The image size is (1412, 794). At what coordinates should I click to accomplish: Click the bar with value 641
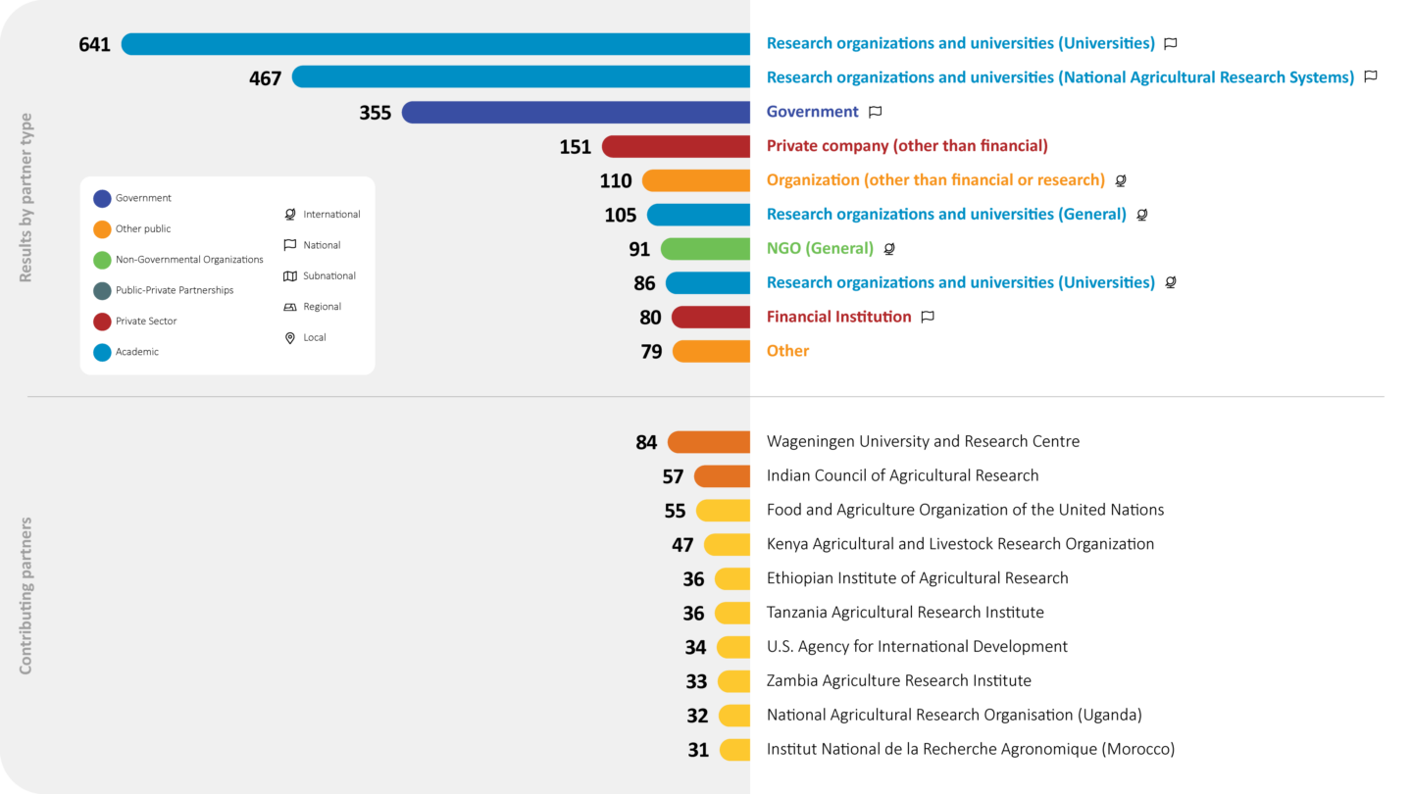435,44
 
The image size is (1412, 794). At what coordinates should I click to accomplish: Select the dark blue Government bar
577,113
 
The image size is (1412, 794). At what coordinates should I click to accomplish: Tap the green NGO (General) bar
706,249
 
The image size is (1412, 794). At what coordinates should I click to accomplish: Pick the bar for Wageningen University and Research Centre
709,442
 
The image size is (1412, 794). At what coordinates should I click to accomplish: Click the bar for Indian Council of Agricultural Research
723,476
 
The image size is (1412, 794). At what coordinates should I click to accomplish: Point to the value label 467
266,78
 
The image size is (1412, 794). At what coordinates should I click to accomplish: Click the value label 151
576,147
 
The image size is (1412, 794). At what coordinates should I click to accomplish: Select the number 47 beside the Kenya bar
682,545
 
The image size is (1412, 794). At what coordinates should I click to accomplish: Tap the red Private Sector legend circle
102,322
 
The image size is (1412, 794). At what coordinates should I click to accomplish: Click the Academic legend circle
102,352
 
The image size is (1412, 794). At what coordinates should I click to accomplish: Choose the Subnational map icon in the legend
290,276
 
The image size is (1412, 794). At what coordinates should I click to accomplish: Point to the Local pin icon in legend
290,338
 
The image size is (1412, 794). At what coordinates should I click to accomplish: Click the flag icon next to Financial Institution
928,317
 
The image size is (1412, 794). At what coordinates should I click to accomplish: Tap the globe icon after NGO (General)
889,249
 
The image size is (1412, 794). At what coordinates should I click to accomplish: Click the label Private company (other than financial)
907,146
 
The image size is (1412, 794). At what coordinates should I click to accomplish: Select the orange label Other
787,351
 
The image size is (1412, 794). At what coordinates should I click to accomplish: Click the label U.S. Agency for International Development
917,647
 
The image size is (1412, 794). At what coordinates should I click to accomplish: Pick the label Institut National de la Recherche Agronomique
970,750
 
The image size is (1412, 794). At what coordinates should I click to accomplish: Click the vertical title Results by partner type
26,198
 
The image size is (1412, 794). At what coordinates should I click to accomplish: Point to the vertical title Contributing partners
26,596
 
